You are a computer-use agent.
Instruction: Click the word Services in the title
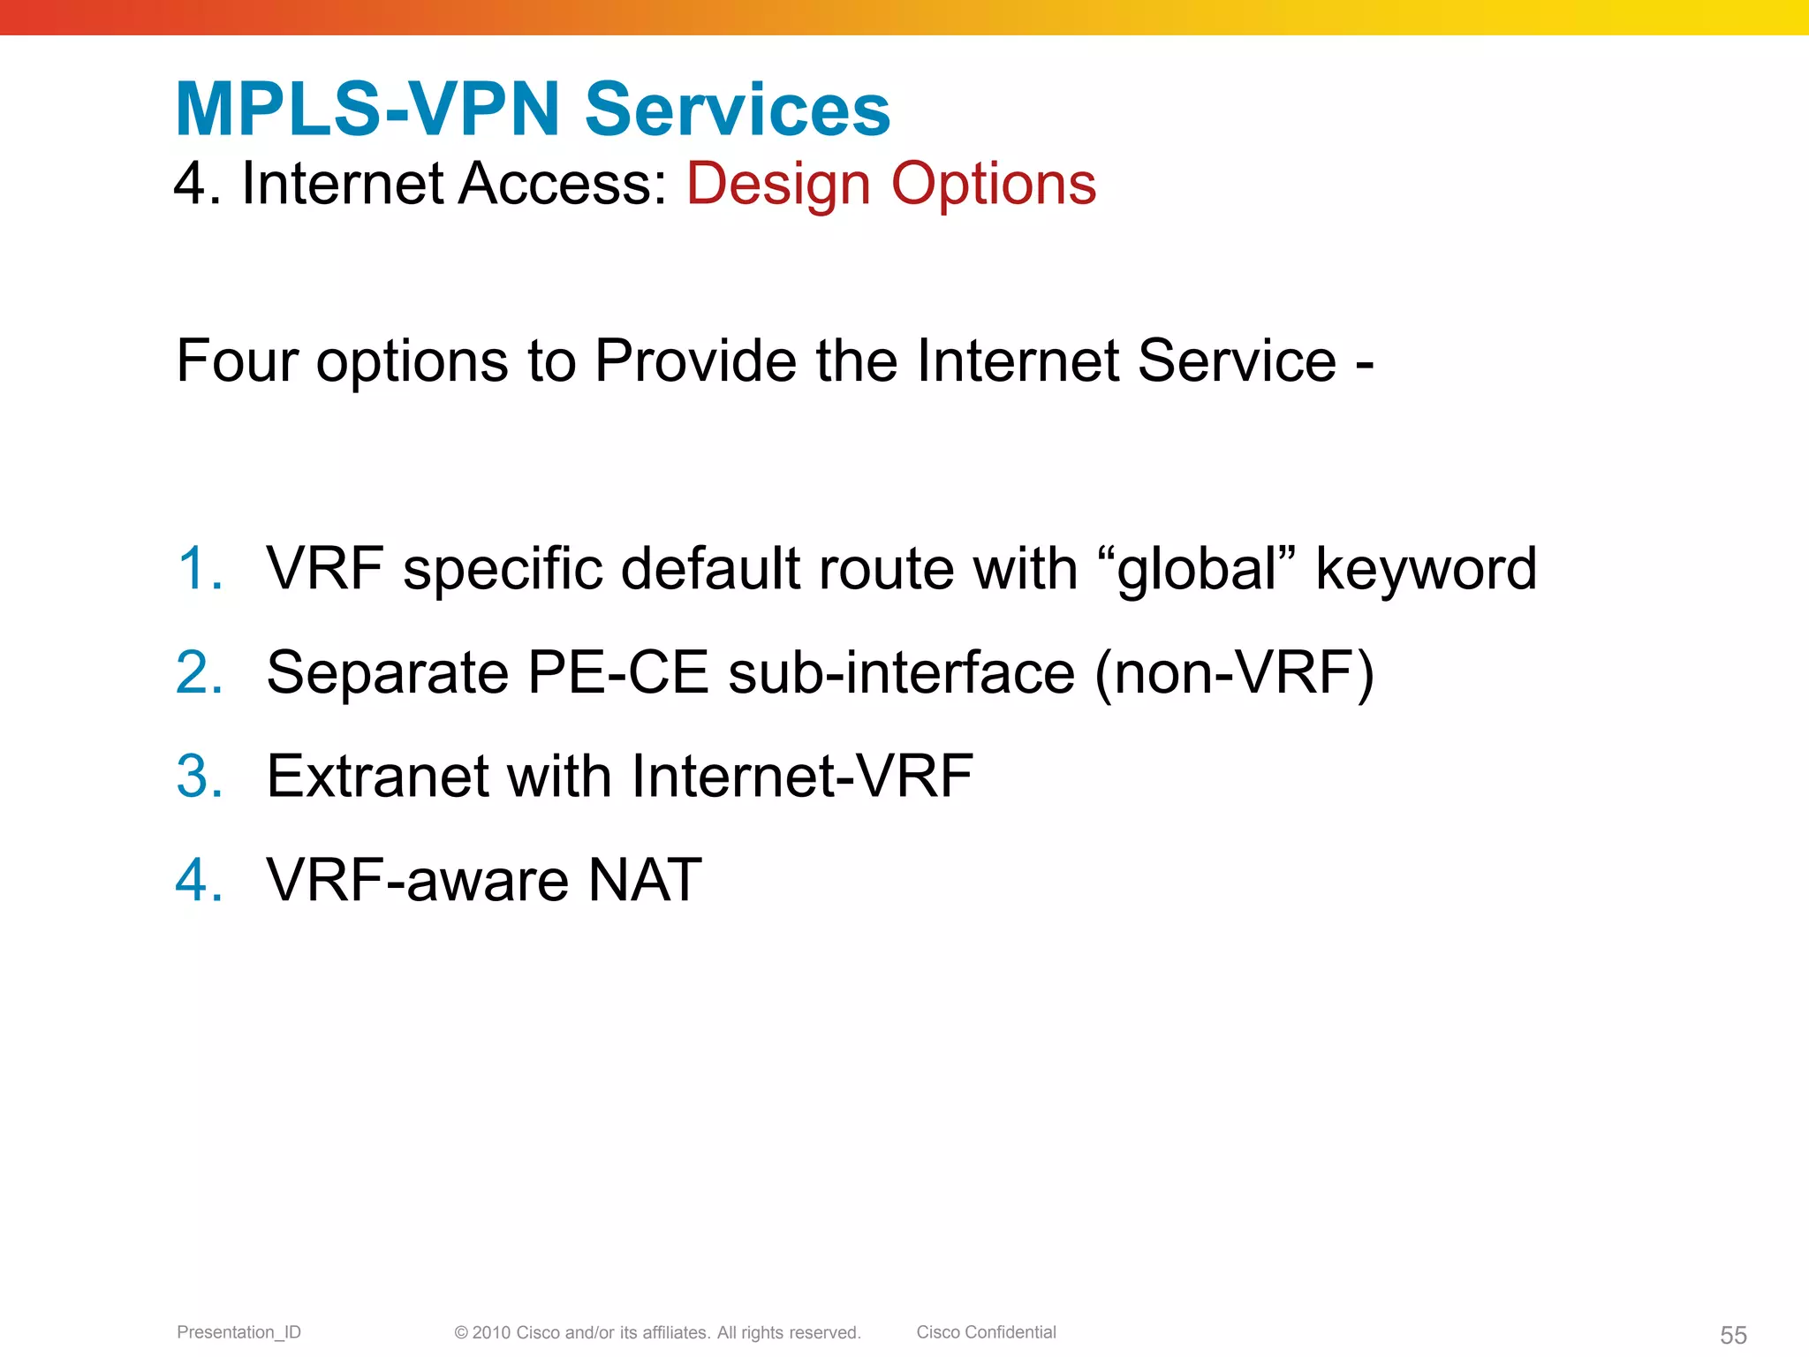coord(738,110)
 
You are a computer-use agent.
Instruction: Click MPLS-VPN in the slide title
coord(368,110)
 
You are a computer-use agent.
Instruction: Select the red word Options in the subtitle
coord(993,185)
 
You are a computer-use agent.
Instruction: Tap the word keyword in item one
coord(1426,568)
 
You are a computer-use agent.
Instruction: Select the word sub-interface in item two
coord(901,673)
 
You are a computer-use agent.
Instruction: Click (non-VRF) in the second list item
coord(1234,674)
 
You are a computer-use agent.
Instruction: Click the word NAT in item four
coord(645,880)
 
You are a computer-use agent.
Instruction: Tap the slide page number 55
coord(1733,1335)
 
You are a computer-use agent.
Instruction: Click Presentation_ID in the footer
coord(238,1332)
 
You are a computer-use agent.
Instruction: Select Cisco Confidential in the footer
coord(986,1332)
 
